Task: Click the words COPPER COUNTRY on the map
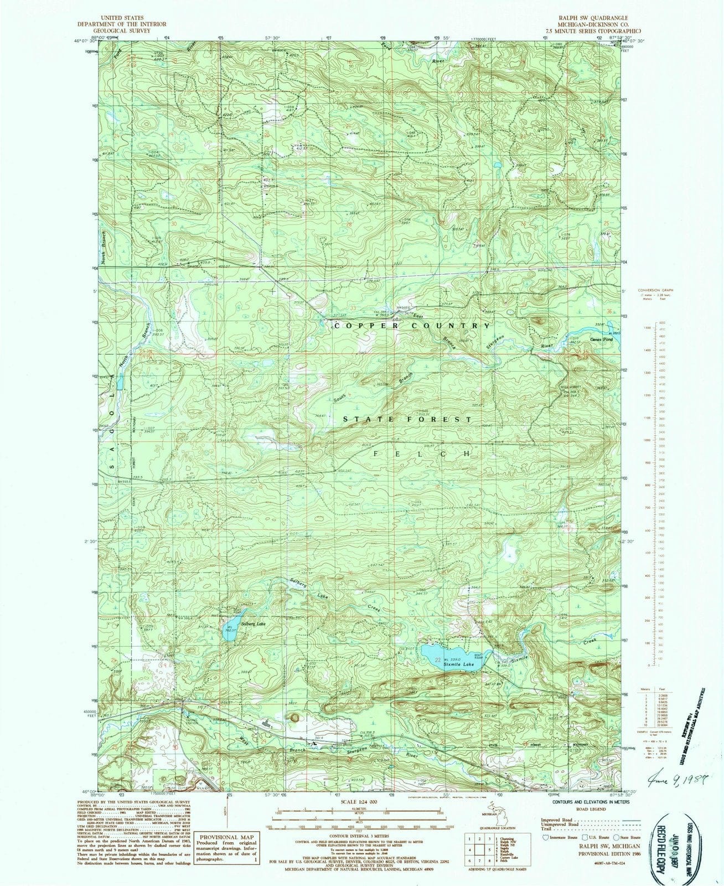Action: [x=412, y=326]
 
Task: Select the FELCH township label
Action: [x=423, y=453]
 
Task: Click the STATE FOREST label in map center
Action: [x=408, y=420]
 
